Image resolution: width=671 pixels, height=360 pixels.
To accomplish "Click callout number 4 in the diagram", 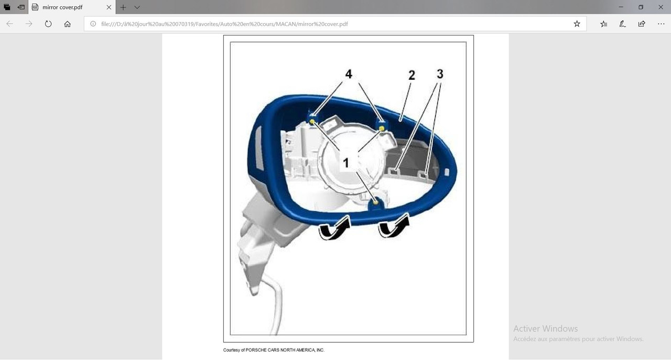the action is pyautogui.click(x=349, y=74).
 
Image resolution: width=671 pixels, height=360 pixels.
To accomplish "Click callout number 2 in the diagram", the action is pyautogui.click(x=412, y=75).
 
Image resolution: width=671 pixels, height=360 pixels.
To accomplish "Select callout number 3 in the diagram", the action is pyautogui.click(x=440, y=74).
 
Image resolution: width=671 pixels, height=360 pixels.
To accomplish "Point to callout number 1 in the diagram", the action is pyautogui.click(x=345, y=163).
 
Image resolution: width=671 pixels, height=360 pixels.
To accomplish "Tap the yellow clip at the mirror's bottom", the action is pyautogui.click(x=376, y=203).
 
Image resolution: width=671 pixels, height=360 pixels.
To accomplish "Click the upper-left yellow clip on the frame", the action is pyautogui.click(x=312, y=122).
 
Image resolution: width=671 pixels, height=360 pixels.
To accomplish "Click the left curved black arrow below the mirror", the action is pyautogui.click(x=334, y=228).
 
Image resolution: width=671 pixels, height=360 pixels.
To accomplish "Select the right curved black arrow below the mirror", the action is pyautogui.click(x=394, y=225).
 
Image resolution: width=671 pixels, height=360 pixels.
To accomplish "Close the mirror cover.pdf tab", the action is pyautogui.click(x=109, y=7).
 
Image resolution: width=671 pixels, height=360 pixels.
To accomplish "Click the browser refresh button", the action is pyautogui.click(x=48, y=24).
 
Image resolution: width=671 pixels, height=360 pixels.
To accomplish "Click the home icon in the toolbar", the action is pyautogui.click(x=68, y=24).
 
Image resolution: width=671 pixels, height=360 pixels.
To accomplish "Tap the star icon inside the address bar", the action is pyautogui.click(x=577, y=24).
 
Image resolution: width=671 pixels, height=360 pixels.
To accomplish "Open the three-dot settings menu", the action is pyautogui.click(x=661, y=24).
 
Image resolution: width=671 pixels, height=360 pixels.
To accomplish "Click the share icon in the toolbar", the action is pyautogui.click(x=642, y=24).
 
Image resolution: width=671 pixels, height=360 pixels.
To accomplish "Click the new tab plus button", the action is pyautogui.click(x=123, y=7).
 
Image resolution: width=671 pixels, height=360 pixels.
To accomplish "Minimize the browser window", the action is pyautogui.click(x=621, y=7).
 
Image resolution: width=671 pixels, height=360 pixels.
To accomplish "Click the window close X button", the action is pyautogui.click(x=661, y=7).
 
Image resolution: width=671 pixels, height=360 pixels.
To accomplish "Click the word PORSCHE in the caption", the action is pyautogui.click(x=256, y=350).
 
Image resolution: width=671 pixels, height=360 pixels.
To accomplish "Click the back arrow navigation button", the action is pyautogui.click(x=9, y=24).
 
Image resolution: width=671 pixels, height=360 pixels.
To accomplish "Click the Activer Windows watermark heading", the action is pyautogui.click(x=546, y=329).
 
